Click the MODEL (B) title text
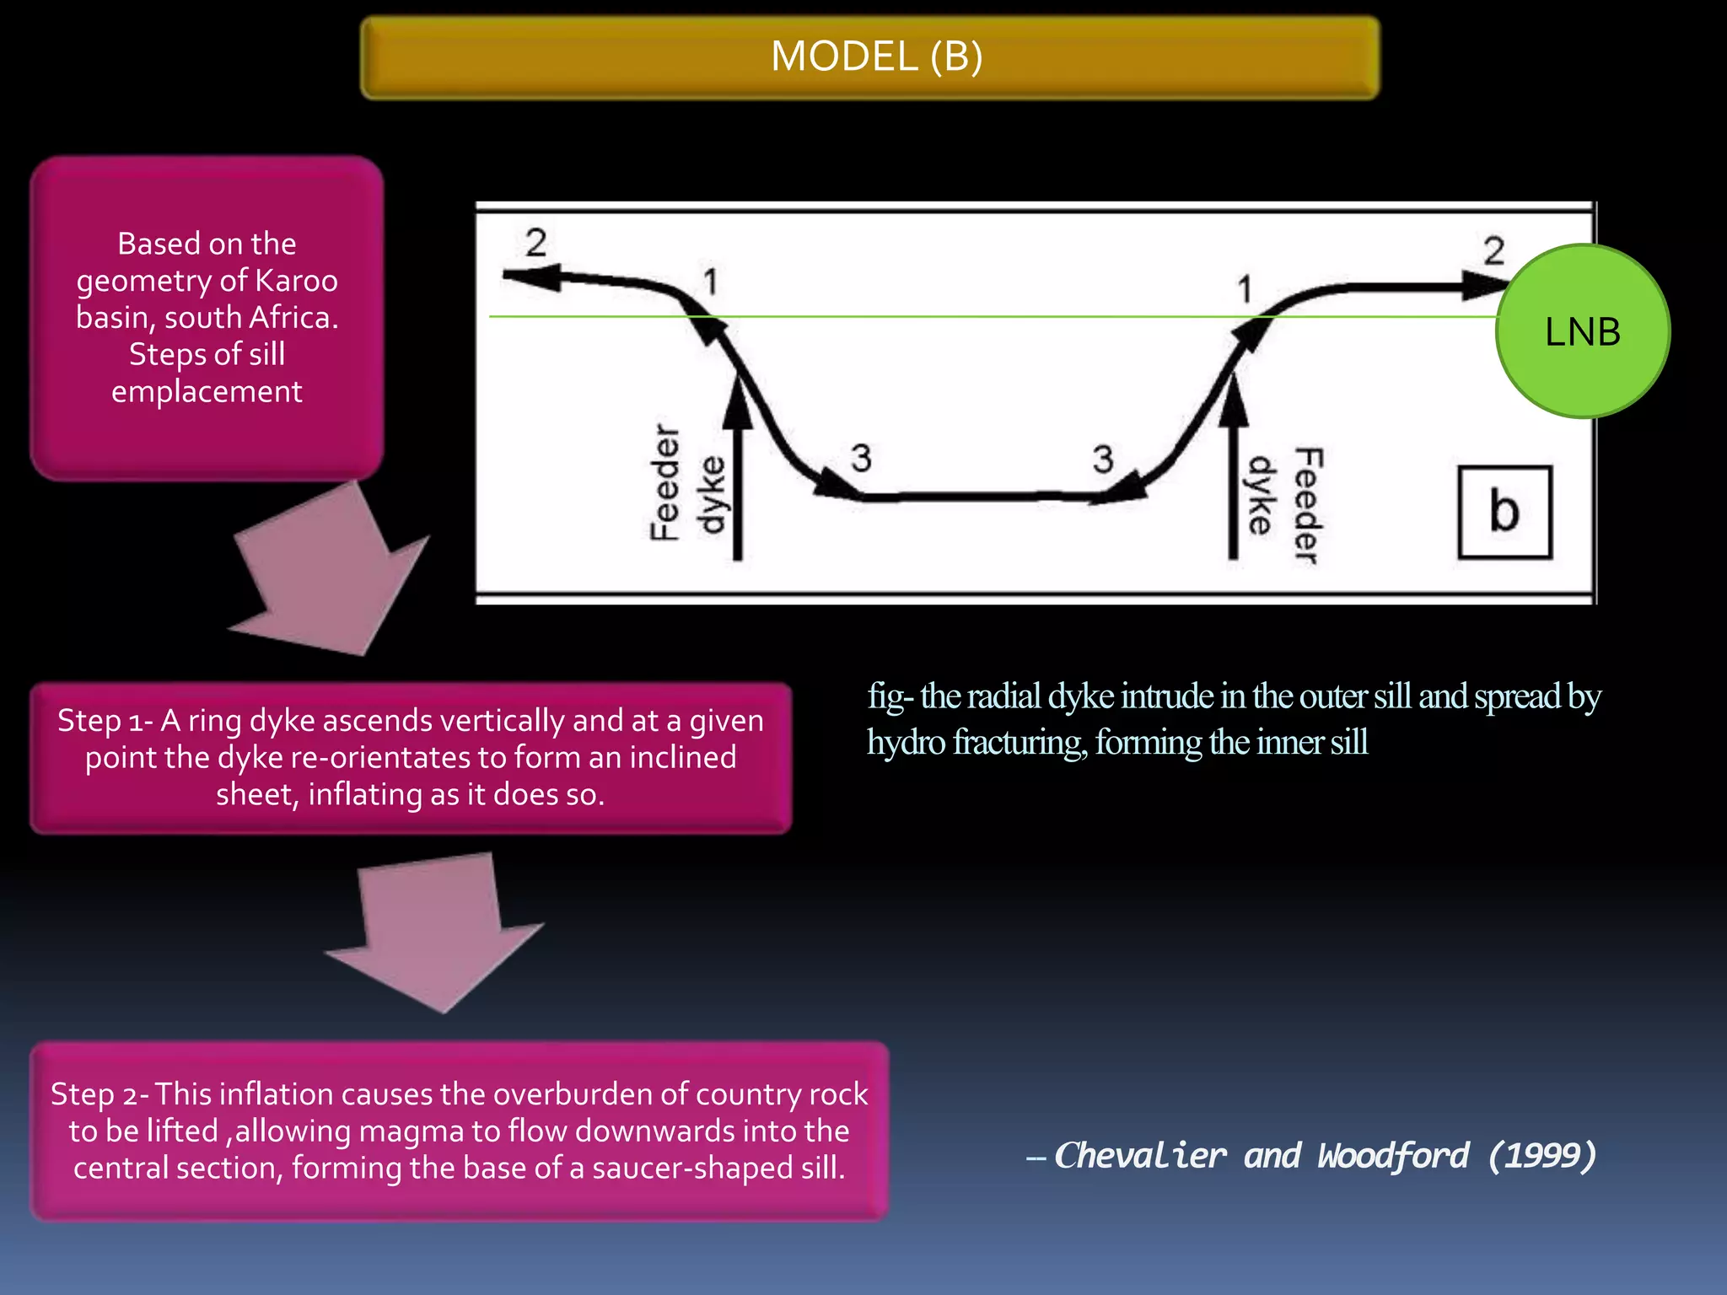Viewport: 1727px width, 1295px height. (x=876, y=57)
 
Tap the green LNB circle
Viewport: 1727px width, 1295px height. (x=1582, y=331)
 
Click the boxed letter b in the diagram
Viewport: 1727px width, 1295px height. (x=1504, y=512)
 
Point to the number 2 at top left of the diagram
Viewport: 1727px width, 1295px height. (x=535, y=243)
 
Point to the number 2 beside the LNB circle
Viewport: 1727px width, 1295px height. (x=1493, y=250)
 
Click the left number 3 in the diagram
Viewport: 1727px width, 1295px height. (x=860, y=459)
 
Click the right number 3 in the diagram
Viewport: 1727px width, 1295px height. (x=1102, y=459)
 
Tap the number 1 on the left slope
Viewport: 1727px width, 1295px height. (x=711, y=282)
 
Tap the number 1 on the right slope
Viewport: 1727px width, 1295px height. (x=1244, y=290)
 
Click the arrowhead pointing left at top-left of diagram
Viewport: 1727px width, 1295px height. (x=531, y=276)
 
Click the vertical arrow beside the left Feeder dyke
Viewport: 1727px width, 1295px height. (x=737, y=472)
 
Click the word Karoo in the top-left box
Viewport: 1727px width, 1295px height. (x=296, y=281)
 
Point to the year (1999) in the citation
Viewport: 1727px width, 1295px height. (x=1542, y=1155)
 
